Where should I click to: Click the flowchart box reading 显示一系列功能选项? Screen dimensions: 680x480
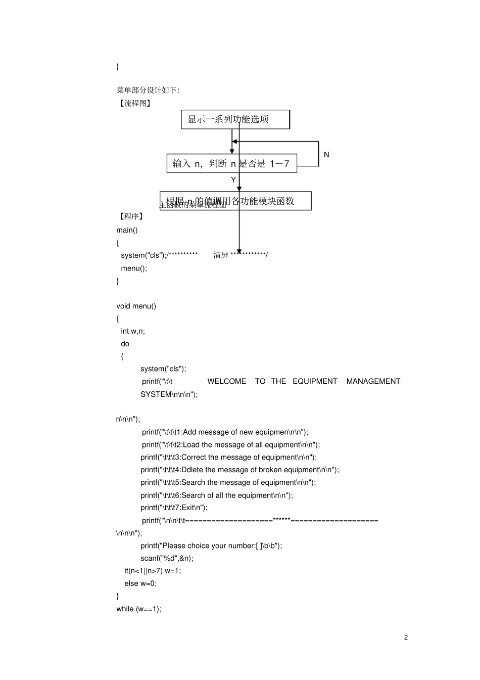coord(235,119)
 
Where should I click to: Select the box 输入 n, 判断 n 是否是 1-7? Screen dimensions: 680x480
coord(231,163)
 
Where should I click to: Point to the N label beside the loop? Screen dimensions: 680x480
coord(326,155)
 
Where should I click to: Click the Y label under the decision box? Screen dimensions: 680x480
coord(233,180)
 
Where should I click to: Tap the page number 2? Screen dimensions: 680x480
coord(406,637)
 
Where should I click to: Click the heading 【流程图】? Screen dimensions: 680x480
coord(134,103)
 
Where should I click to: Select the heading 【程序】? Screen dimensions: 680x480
coord(131,216)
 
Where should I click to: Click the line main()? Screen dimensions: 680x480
coord(127,230)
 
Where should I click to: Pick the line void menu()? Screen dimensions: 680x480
coord(136,306)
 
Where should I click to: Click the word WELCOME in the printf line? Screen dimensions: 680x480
coord(226,381)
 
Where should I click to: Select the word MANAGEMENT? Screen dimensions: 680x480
coord(373,381)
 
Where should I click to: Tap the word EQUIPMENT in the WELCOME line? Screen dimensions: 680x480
coord(315,381)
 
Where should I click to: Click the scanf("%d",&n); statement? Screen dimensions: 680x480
coord(167,558)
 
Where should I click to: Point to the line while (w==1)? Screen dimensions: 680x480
coord(139,609)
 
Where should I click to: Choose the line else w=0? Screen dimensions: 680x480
coord(140,583)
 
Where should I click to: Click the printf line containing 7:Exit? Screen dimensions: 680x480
coord(174,508)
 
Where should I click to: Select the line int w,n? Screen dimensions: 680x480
coord(133,331)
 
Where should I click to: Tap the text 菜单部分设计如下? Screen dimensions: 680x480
coord(148,90)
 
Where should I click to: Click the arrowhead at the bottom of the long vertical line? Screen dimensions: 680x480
coord(239,251)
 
